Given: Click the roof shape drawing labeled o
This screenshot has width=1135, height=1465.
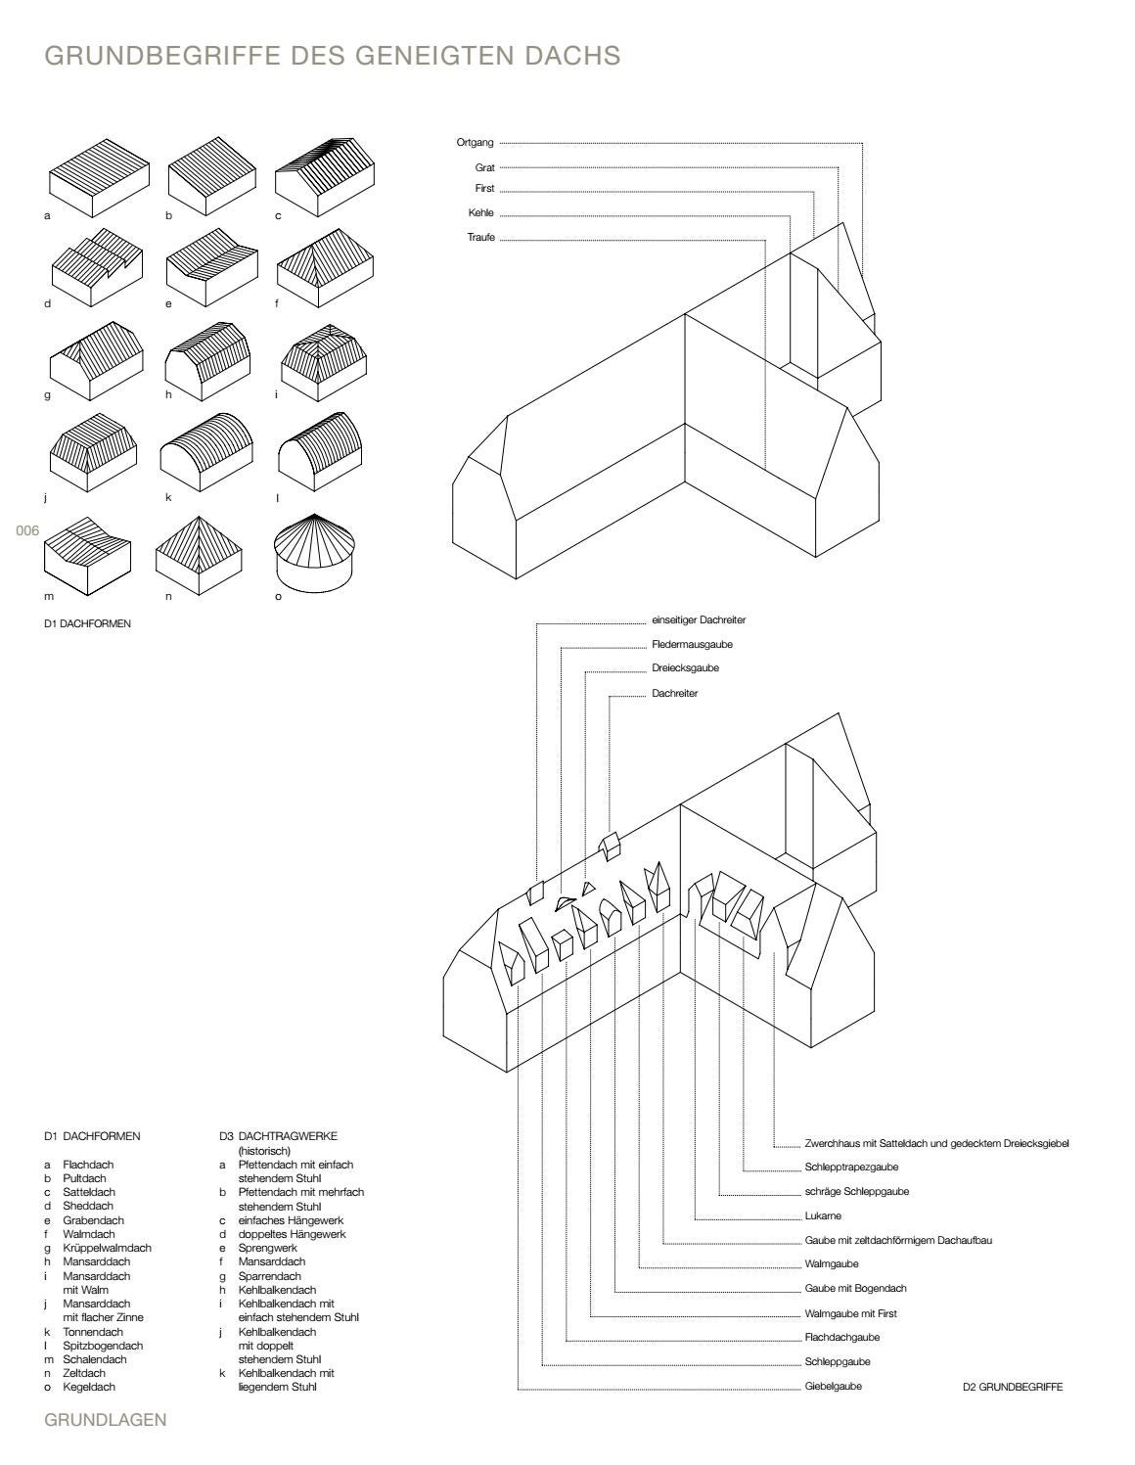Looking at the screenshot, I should pyautogui.click(x=315, y=553).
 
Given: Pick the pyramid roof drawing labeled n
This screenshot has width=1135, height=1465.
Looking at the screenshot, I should pyautogui.click(x=200, y=554).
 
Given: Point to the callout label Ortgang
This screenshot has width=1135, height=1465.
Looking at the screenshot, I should pyautogui.click(x=475, y=143).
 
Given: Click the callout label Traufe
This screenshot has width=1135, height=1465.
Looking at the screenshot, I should pyautogui.click(x=480, y=238).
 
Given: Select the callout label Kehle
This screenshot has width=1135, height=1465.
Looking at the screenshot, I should pyautogui.click(x=480, y=213).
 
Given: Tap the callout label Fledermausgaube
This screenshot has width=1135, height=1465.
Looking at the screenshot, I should pyautogui.click(x=692, y=645).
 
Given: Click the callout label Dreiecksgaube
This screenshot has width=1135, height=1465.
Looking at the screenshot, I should pyautogui.click(x=685, y=668).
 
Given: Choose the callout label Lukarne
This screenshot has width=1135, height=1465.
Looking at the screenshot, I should pyautogui.click(x=823, y=1216).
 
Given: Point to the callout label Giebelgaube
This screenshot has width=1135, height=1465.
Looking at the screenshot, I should pyautogui.click(x=833, y=1386).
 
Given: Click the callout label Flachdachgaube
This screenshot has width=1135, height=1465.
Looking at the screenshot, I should pyautogui.click(x=841, y=1337).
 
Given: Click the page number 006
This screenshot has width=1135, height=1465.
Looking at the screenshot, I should pyautogui.click(x=26, y=530).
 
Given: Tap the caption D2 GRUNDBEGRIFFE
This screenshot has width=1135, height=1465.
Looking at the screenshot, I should pyautogui.click(x=1013, y=1387).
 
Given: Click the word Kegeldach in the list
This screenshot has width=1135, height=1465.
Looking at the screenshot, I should pyautogui.click(x=89, y=1387).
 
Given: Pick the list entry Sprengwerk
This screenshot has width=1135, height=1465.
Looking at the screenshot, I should pyautogui.click(x=267, y=1248).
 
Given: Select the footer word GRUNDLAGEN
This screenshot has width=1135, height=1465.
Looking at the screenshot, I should pyautogui.click(x=106, y=1420).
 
